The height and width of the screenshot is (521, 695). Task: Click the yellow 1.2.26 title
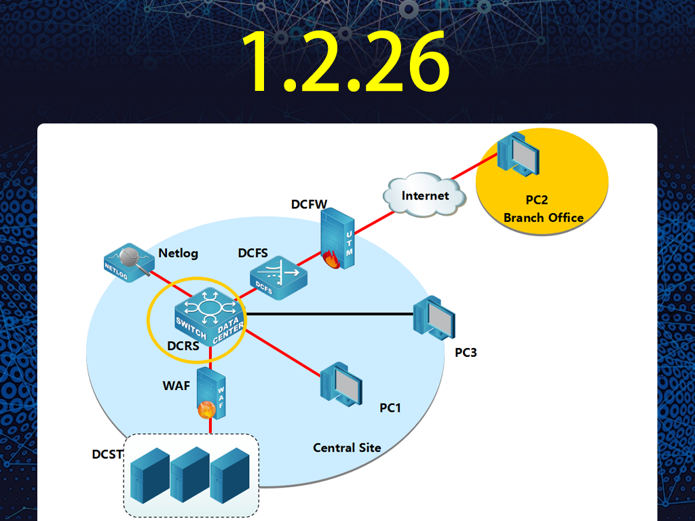click(x=345, y=61)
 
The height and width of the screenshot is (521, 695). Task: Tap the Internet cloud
click(x=424, y=195)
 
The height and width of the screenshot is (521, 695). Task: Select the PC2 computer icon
click(x=518, y=154)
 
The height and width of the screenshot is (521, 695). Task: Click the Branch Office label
click(x=544, y=218)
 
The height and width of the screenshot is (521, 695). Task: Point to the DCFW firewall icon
click(x=337, y=238)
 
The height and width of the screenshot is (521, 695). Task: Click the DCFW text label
click(x=309, y=204)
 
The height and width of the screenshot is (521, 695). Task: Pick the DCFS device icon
click(x=278, y=277)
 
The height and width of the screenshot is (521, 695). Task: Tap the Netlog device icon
click(x=129, y=263)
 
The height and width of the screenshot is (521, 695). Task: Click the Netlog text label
click(x=179, y=253)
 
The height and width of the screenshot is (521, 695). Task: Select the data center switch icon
click(x=210, y=316)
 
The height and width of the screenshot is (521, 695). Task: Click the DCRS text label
click(x=183, y=345)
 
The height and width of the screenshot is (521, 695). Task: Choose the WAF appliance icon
click(x=211, y=393)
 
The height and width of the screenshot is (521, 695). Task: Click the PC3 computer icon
click(x=434, y=317)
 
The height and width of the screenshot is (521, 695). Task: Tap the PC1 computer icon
click(x=341, y=384)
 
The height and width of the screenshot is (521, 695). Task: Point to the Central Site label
click(x=347, y=448)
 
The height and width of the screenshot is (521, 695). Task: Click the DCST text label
click(x=107, y=455)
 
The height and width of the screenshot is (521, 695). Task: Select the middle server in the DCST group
click(x=190, y=475)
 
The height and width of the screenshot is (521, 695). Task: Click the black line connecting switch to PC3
click(x=329, y=314)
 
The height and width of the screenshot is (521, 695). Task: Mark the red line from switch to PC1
click(x=282, y=353)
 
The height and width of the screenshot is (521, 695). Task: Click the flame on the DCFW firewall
click(x=331, y=260)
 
